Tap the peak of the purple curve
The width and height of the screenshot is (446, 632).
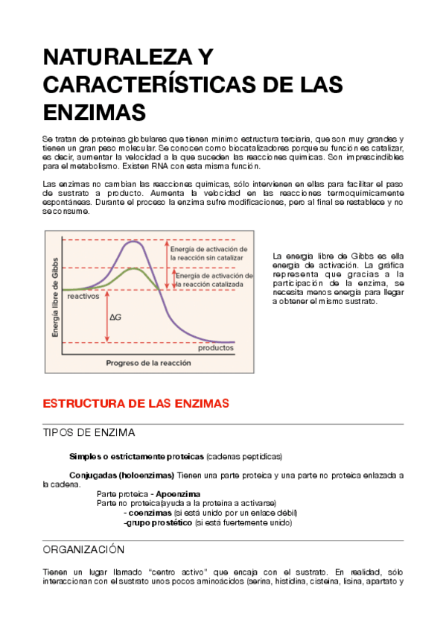(133, 241)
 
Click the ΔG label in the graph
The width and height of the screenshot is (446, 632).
(115, 317)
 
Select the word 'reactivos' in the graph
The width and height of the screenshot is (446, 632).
(83, 296)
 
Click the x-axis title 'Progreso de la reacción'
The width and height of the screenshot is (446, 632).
(148, 363)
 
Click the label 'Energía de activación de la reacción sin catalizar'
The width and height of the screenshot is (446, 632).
(209, 252)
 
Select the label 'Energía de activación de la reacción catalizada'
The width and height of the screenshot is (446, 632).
(212, 280)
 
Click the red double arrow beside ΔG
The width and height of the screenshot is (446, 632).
(107, 316)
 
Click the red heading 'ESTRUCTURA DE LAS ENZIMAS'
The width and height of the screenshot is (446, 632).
(136, 403)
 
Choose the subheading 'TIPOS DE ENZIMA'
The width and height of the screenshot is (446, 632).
(89, 433)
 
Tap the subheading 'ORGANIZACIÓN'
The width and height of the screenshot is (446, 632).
(83, 549)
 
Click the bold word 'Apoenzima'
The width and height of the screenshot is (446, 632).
(178, 494)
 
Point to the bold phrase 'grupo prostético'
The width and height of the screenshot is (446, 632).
(158, 523)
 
